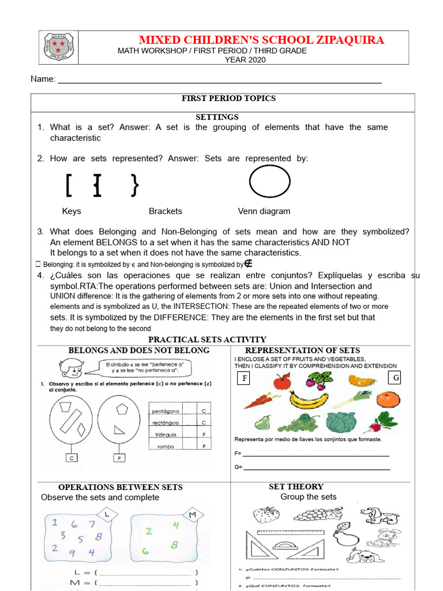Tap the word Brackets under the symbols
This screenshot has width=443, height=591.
click(x=165, y=211)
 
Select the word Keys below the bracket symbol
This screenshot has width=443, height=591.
click(x=72, y=211)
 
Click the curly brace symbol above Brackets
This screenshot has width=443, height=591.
click(x=135, y=185)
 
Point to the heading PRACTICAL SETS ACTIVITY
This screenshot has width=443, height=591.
click(x=207, y=339)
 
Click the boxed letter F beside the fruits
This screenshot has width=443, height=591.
click(x=245, y=379)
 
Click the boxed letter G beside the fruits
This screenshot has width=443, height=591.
click(x=395, y=378)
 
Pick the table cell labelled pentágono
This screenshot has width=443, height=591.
click(x=166, y=411)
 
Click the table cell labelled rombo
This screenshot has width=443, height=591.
click(x=166, y=446)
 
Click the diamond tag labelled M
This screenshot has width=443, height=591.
click(x=193, y=514)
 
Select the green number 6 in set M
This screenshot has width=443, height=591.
click(x=146, y=551)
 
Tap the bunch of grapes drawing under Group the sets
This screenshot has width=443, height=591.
click(x=315, y=513)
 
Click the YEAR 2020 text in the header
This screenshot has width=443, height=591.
click(x=245, y=59)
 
